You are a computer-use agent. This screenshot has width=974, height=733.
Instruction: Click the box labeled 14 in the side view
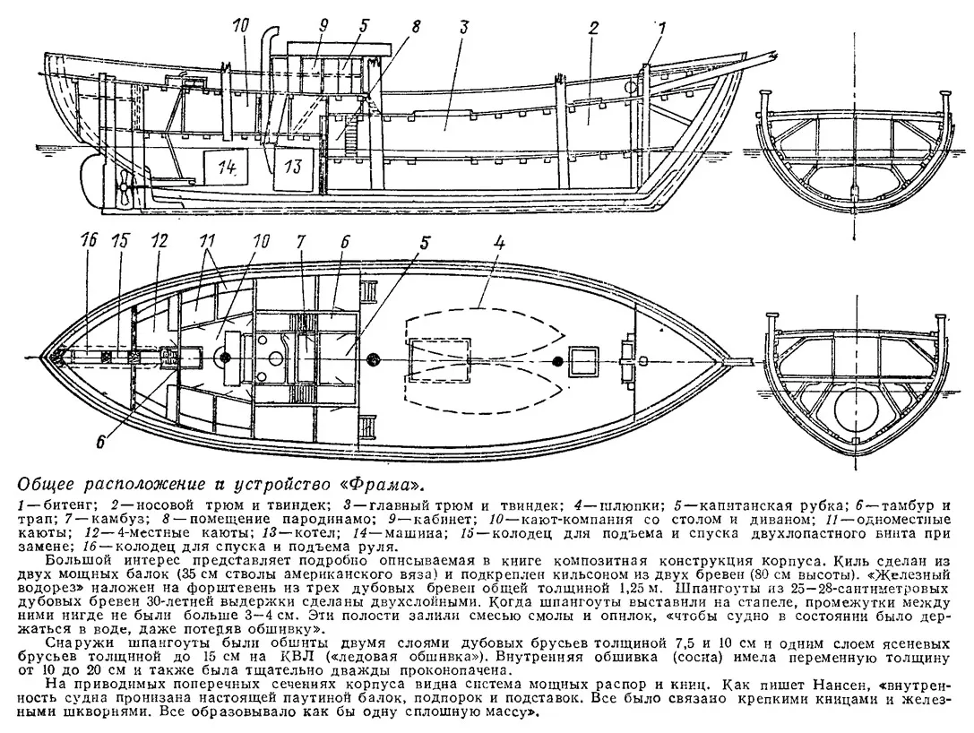click(224, 166)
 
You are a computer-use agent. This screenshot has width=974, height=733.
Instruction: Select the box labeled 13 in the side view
click(293, 166)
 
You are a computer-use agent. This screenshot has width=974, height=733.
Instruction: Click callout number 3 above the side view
click(463, 28)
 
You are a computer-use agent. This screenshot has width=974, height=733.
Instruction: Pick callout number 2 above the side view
click(593, 28)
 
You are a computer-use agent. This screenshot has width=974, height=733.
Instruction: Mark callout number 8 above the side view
click(414, 28)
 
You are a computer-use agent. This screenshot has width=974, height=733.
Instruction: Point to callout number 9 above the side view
click(323, 28)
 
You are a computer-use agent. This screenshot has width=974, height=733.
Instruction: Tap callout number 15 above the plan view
click(120, 240)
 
